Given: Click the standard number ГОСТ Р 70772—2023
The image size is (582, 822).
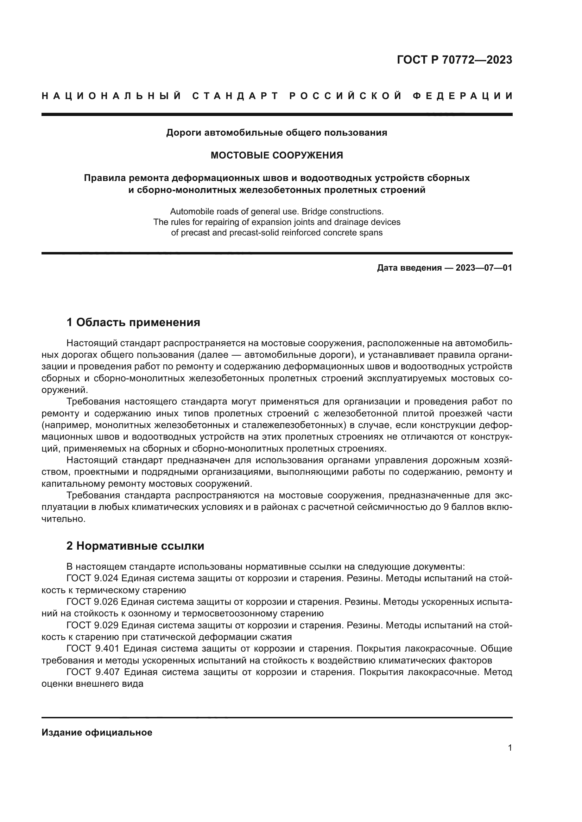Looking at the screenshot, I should (454, 60).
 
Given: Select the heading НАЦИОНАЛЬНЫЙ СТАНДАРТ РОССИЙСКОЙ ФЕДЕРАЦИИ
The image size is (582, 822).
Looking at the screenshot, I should (277, 96).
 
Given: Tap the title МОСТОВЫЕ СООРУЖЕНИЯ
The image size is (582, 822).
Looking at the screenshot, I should (277, 155).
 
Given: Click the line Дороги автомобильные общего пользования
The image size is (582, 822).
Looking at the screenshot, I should (277, 133).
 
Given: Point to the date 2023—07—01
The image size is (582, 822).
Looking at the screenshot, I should (484, 268).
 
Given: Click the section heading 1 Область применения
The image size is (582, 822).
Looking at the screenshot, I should (133, 323).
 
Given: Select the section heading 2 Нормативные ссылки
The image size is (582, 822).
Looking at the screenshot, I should (135, 556).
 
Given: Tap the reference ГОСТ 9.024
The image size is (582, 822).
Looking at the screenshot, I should (93, 578).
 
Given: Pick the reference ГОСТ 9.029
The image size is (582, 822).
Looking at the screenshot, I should (93, 626).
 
